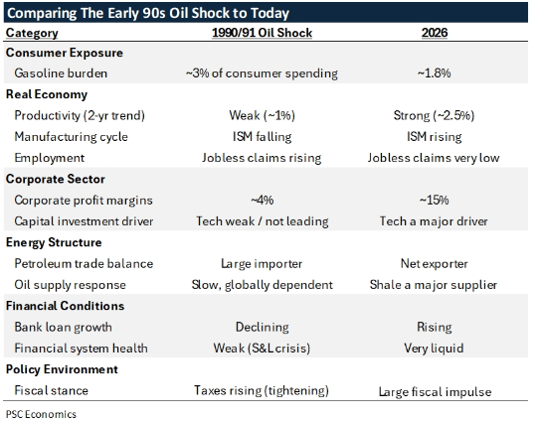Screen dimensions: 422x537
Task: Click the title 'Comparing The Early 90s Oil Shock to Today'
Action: [148, 13]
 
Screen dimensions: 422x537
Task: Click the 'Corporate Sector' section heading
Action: [58, 179]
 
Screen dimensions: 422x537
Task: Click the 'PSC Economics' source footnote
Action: [41, 412]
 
